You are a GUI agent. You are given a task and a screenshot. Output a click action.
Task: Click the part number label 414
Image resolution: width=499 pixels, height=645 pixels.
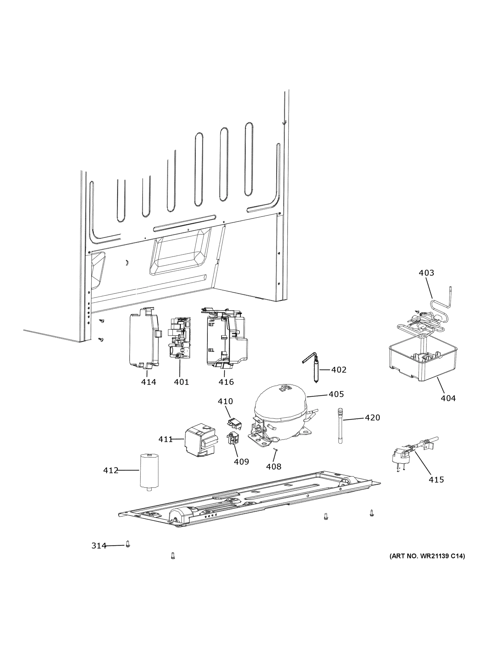point(148,382)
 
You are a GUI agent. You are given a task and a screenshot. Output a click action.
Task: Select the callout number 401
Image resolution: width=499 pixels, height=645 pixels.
point(181,382)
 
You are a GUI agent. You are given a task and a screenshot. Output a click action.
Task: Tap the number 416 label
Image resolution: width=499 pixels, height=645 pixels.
point(226,382)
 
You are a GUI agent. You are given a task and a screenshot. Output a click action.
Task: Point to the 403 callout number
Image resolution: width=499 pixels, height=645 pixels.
point(426,273)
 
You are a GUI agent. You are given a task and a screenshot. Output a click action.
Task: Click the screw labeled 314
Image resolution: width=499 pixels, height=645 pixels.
point(128,544)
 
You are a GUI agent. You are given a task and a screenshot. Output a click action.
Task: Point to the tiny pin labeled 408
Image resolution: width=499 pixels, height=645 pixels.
point(275,450)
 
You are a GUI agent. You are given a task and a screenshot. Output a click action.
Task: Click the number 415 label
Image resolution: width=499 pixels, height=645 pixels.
point(436,480)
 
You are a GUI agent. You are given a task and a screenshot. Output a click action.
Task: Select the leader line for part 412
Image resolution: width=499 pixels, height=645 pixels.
point(129,470)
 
